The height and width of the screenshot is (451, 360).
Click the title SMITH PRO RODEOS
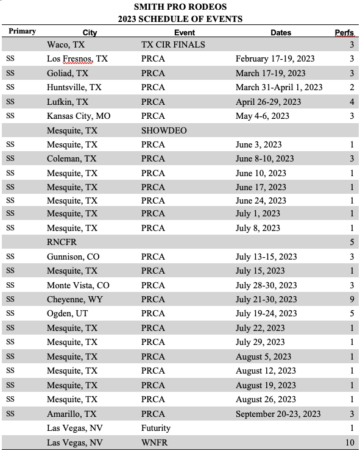[x=180, y=8]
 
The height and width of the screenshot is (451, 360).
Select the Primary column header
[x=21, y=31]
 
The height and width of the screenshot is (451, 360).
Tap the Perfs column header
[x=344, y=32]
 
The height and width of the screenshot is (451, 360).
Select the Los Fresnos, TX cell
[x=77, y=59]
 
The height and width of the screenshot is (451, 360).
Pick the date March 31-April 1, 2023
[x=279, y=87]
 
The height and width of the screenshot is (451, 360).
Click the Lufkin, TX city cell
[x=68, y=102]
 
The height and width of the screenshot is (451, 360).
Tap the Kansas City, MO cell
[x=79, y=116]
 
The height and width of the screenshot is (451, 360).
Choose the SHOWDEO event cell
[x=164, y=130]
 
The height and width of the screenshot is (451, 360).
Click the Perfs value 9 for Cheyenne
[x=351, y=299]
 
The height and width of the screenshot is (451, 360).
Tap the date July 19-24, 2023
[x=266, y=313]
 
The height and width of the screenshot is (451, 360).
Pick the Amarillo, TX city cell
[x=72, y=413]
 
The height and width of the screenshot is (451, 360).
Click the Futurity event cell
[x=156, y=428]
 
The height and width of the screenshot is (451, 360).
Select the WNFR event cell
[x=155, y=442]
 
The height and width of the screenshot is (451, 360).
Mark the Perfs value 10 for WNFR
[x=350, y=442]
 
